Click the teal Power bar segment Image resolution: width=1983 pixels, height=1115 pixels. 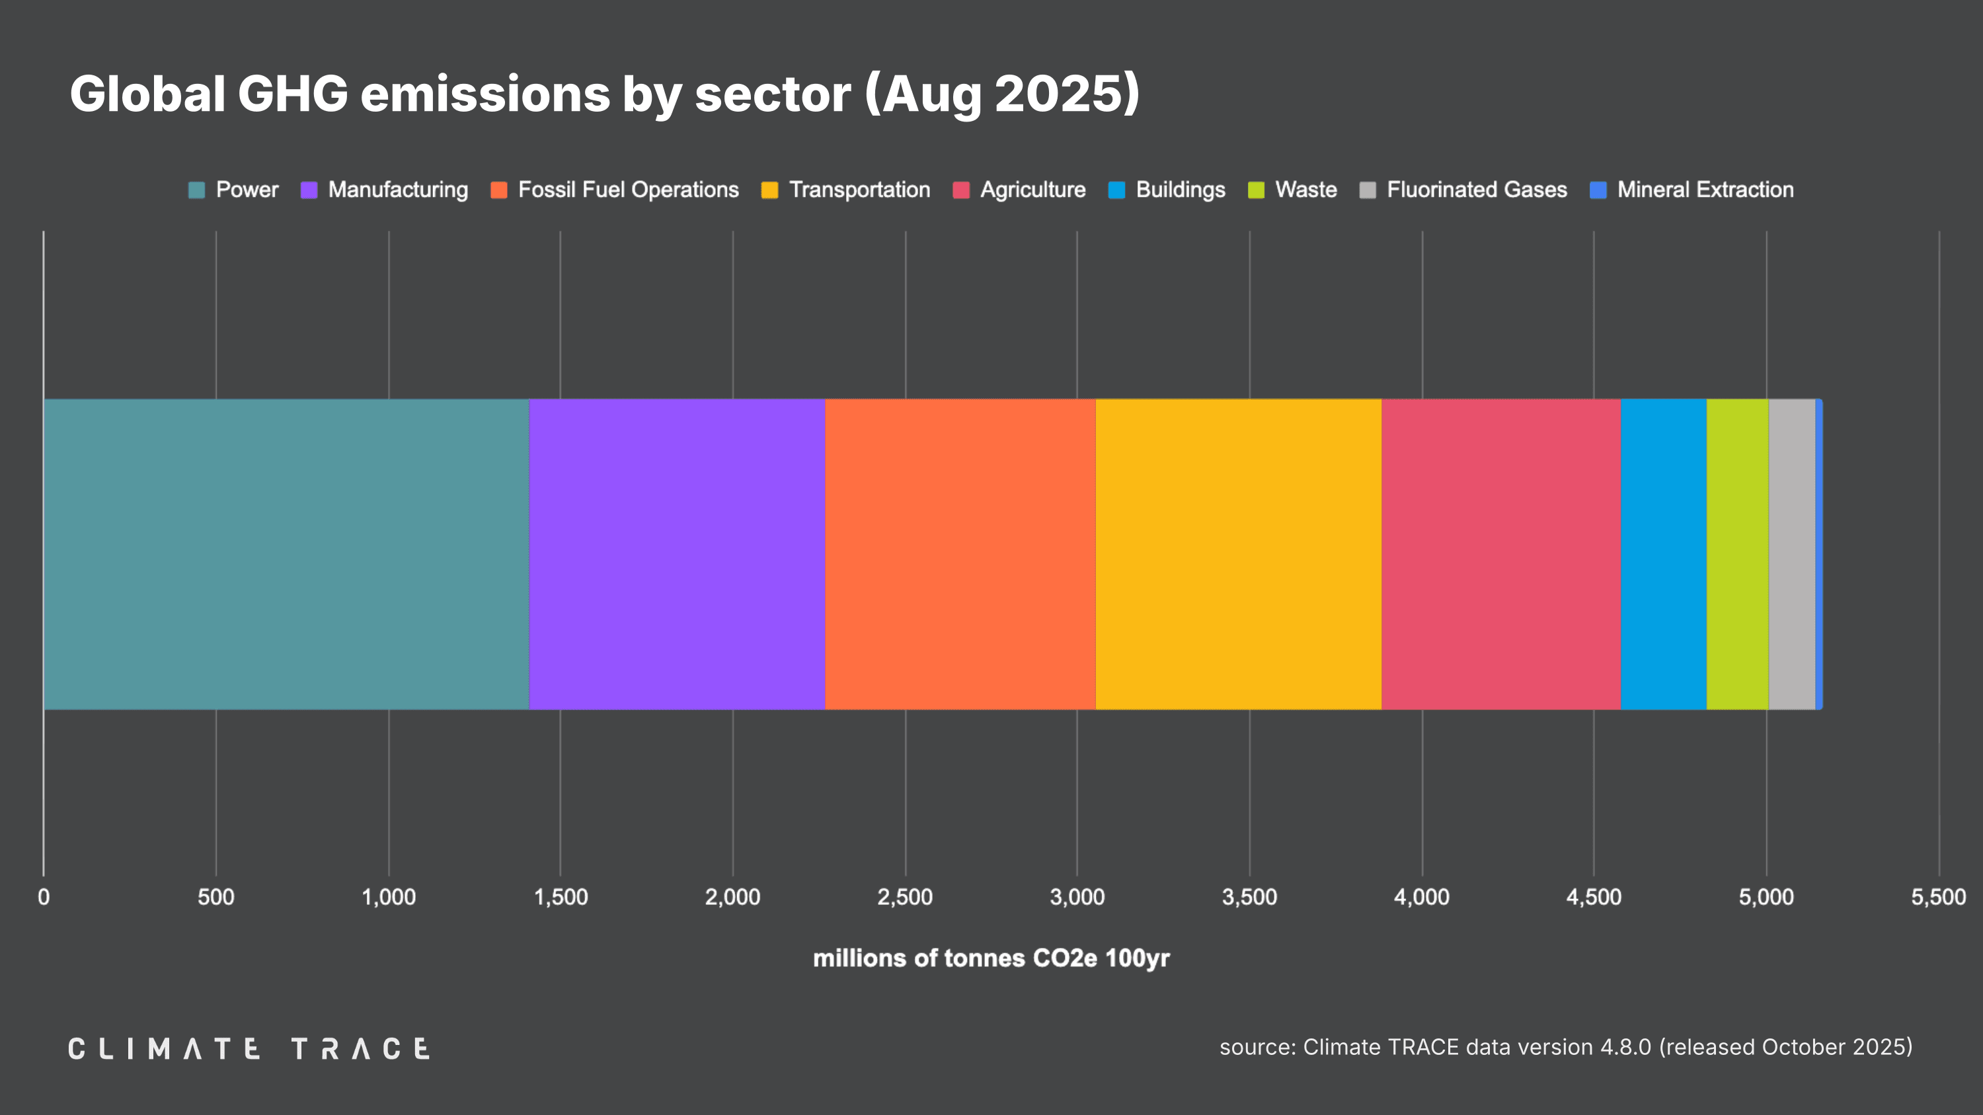point(286,554)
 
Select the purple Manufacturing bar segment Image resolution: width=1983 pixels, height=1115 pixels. point(677,554)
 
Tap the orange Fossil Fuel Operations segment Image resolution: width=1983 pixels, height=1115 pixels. point(960,554)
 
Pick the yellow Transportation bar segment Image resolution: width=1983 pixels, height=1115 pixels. point(1238,554)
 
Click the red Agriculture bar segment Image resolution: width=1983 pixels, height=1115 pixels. point(1500,554)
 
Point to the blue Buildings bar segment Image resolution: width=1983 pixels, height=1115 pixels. point(1663,554)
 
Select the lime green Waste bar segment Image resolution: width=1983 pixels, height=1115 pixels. point(1736,554)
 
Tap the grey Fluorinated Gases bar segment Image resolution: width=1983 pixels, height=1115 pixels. point(1791,554)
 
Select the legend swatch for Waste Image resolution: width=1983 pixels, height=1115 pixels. point(1255,190)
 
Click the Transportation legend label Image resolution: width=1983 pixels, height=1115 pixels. point(859,190)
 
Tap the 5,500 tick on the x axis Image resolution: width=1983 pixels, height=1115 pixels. point(1937,897)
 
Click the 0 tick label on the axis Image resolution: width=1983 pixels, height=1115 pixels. point(44,897)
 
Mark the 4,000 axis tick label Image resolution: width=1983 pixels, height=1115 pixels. point(1421,897)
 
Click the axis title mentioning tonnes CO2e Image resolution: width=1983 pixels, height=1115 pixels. point(991,958)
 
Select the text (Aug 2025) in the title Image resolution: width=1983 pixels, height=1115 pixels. point(1001,94)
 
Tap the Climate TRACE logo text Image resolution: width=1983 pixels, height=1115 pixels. point(249,1049)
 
